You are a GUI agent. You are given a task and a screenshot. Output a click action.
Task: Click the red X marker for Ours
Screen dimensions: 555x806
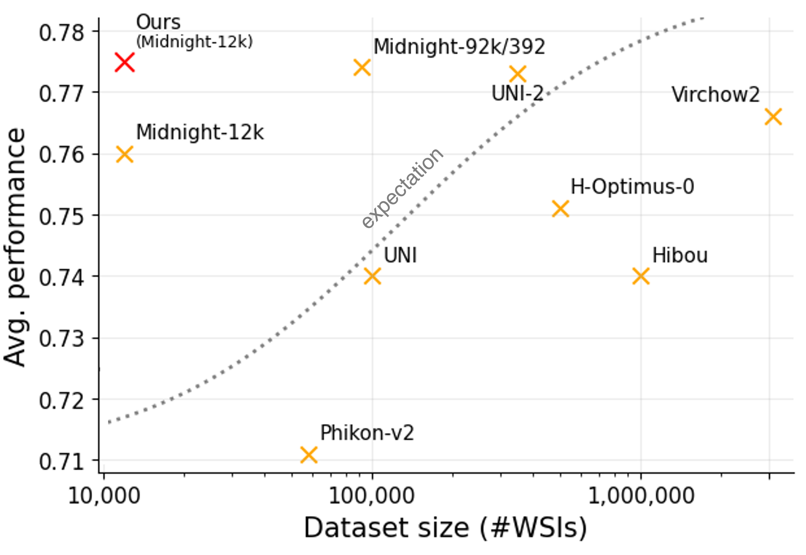[124, 63]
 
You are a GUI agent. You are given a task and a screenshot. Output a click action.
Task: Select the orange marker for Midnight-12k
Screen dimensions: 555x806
[124, 154]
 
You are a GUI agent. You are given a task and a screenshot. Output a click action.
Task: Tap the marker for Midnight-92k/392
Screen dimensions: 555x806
[362, 68]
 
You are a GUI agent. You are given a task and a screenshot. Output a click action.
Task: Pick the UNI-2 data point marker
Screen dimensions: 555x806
[518, 74]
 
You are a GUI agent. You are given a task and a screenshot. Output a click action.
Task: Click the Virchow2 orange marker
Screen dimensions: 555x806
[773, 117]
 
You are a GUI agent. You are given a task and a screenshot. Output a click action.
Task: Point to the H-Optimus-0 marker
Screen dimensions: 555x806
[561, 209]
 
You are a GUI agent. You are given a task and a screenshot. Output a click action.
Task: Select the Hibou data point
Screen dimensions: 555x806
[641, 276]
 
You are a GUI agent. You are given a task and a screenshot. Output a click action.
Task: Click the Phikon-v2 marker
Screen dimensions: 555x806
[309, 455]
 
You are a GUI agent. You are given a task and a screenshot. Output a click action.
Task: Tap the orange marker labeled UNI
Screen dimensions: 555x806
[372, 276]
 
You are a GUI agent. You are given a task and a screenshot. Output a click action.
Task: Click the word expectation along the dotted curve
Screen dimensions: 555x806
[403, 188]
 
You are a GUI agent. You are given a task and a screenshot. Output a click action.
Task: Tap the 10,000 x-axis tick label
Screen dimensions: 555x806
[104, 496]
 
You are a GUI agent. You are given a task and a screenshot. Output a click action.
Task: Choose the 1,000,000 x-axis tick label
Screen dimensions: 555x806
[641, 496]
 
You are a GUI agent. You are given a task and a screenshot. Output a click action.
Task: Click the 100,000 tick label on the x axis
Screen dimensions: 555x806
[372, 496]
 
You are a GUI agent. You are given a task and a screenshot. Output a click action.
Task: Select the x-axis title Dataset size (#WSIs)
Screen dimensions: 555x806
[445, 528]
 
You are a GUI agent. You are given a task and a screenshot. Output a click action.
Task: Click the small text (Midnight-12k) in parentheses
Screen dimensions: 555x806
[194, 42]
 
